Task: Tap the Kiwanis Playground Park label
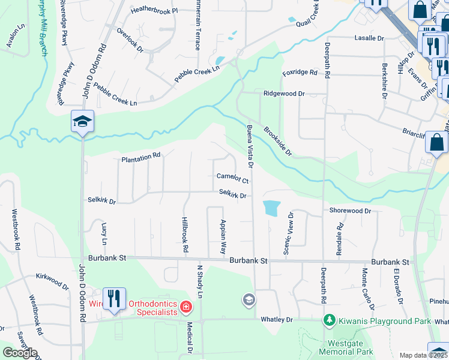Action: (x=384, y=322)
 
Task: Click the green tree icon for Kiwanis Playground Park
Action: (x=328, y=321)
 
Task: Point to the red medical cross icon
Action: (x=186, y=308)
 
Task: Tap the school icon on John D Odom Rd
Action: (x=82, y=122)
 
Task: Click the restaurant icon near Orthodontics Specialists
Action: (x=113, y=298)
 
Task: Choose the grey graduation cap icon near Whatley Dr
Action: (x=249, y=299)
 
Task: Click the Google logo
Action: (x=20, y=352)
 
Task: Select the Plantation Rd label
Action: (x=141, y=157)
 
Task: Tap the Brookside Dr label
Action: (x=277, y=141)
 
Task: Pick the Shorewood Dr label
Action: (x=350, y=211)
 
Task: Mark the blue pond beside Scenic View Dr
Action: (x=271, y=208)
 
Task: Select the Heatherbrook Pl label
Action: (x=155, y=11)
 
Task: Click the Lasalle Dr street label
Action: (x=369, y=38)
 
